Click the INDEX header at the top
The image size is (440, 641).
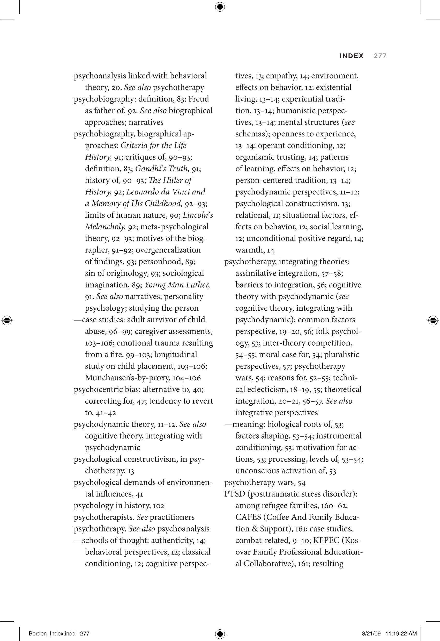pyautogui.click(x=351, y=56)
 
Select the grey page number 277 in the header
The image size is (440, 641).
pyautogui.click(x=380, y=56)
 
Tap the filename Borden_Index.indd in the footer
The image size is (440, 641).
pyautogui.click(x=52, y=633)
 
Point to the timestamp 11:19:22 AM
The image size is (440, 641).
pyautogui.click(x=401, y=633)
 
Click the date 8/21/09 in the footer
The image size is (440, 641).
pyautogui.click(x=371, y=633)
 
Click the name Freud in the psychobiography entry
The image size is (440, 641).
pyautogui.click(x=198, y=99)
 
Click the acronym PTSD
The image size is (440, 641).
pyautogui.click(x=235, y=494)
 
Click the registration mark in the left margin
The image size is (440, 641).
pyautogui.click(x=7, y=320)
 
